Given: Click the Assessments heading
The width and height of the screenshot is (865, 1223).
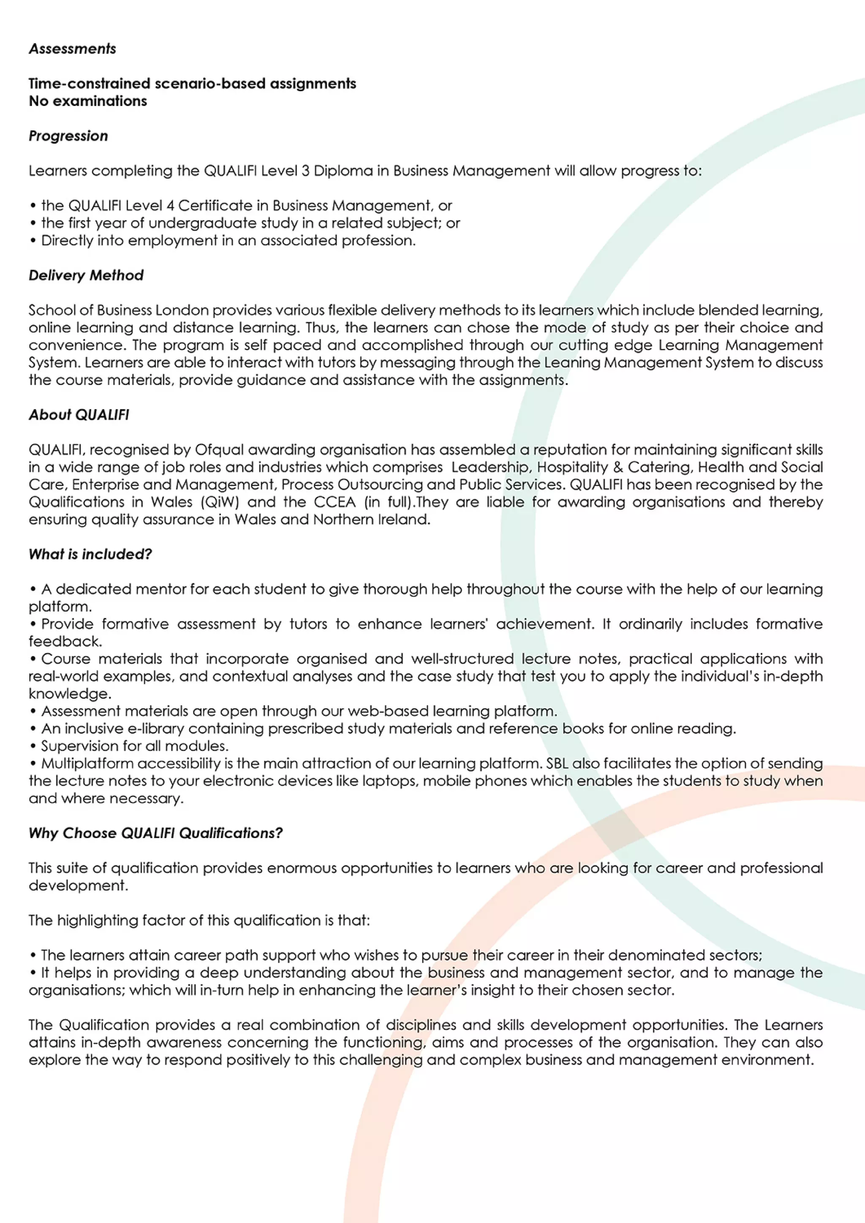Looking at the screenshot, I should (73, 49).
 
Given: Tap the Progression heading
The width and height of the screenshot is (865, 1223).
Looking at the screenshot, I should (68, 136).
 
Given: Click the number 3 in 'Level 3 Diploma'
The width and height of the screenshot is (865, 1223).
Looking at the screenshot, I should (305, 171).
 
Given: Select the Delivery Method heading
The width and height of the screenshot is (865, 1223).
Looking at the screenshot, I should (86, 275).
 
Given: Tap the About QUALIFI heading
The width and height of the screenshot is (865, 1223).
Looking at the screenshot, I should (79, 415).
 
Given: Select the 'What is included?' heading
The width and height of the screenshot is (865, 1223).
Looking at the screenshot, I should (90, 555).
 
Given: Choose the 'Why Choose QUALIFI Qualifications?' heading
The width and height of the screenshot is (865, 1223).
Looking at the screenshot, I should (155, 833).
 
